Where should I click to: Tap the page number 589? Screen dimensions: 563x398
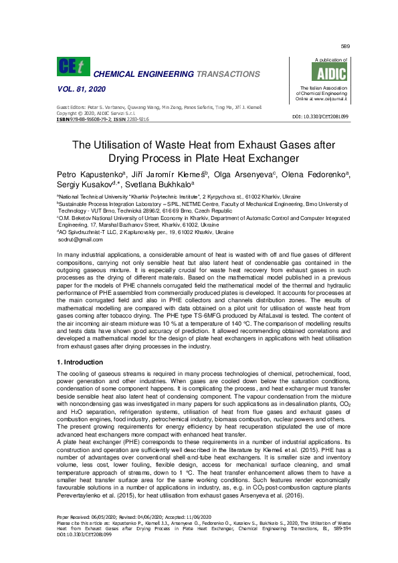point(345,46)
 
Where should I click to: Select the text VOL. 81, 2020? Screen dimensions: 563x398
point(78,90)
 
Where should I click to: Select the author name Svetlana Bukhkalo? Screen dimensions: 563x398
point(164,184)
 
